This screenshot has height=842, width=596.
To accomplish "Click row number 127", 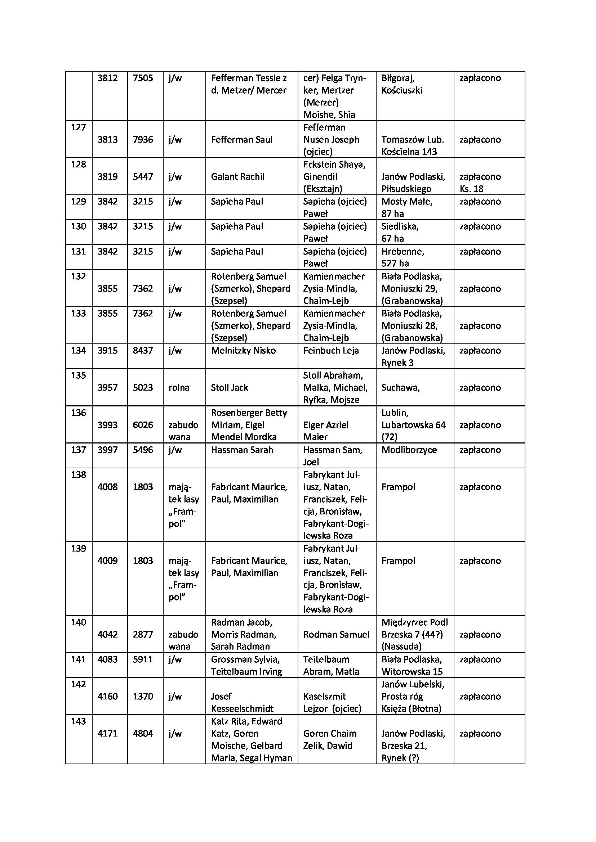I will (x=78, y=127).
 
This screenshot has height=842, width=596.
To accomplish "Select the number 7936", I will (x=143, y=140).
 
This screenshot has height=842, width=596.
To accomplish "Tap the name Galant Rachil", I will (x=237, y=177).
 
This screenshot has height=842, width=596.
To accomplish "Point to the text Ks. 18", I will (x=471, y=189).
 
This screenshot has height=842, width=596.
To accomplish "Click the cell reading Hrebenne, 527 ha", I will (x=402, y=257).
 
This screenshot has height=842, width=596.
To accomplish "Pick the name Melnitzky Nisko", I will (x=243, y=351).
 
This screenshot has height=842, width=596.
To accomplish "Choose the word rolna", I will (x=179, y=388).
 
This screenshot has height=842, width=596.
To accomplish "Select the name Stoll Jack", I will (x=230, y=388).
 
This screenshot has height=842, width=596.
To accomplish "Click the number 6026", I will (x=143, y=425).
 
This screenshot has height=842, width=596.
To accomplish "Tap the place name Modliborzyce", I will (x=409, y=450).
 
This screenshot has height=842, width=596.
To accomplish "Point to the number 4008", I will (x=107, y=487).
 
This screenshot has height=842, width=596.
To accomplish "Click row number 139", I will (x=78, y=548).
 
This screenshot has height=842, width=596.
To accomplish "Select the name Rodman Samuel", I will (x=336, y=635).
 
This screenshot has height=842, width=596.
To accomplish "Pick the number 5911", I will (x=143, y=660).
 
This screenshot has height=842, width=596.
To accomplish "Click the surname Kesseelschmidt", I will (x=242, y=709).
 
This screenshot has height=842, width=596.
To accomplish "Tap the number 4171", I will (x=107, y=733).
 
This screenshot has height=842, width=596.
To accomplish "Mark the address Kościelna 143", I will (x=409, y=152).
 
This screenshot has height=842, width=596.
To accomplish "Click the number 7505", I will (x=143, y=78).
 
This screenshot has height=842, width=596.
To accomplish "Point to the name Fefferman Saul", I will (x=241, y=140).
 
